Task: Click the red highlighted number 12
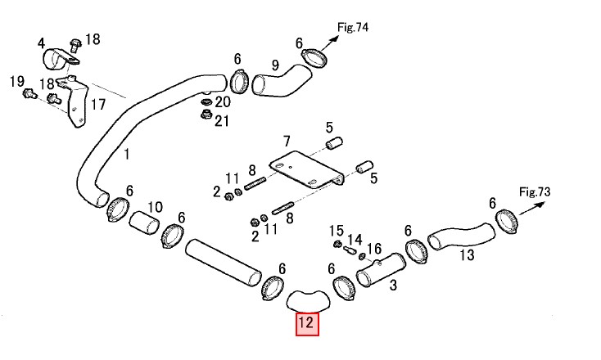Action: (x=307, y=324)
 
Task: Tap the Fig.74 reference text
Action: (x=353, y=27)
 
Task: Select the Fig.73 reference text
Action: (x=535, y=191)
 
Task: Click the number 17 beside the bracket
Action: (x=98, y=104)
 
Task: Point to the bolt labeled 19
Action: (x=29, y=93)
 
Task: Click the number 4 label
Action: (x=42, y=43)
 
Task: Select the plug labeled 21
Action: (x=206, y=114)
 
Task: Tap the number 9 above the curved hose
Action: (x=275, y=65)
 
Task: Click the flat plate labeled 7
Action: (x=306, y=169)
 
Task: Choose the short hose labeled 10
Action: (x=144, y=223)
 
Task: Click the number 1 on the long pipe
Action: (x=126, y=155)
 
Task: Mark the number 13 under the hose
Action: (x=467, y=254)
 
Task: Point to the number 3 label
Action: (x=393, y=285)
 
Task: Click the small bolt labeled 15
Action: (x=338, y=244)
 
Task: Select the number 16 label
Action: (x=374, y=249)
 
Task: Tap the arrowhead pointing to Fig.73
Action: (x=540, y=205)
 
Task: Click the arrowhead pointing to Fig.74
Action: (x=335, y=38)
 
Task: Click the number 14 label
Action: (x=355, y=240)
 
